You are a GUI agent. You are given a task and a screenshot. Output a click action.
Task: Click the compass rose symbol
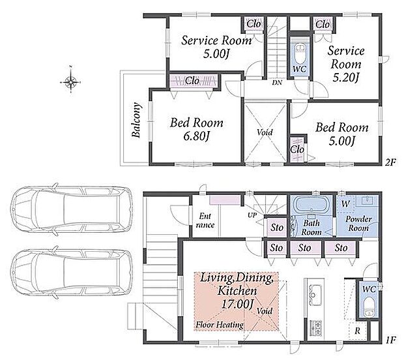70,82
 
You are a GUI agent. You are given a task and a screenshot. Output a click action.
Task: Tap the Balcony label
136,120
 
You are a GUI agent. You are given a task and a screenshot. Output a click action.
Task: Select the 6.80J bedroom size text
196,136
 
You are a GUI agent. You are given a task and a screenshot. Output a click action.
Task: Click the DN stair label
277,83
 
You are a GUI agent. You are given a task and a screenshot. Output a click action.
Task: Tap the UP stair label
252,215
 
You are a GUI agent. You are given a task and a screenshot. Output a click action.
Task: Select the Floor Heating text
220,325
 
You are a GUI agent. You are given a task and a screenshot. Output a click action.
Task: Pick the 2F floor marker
390,162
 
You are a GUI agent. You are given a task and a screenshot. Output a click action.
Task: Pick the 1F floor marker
390,340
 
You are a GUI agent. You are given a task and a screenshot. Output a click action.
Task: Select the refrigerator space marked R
357,331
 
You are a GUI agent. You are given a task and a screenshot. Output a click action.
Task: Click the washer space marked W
345,204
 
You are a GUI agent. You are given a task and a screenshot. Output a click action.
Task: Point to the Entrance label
205,220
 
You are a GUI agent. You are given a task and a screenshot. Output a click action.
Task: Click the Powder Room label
358,224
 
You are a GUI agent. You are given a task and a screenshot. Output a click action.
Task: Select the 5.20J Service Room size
345,78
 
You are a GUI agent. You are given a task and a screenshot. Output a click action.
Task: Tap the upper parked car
72,209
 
